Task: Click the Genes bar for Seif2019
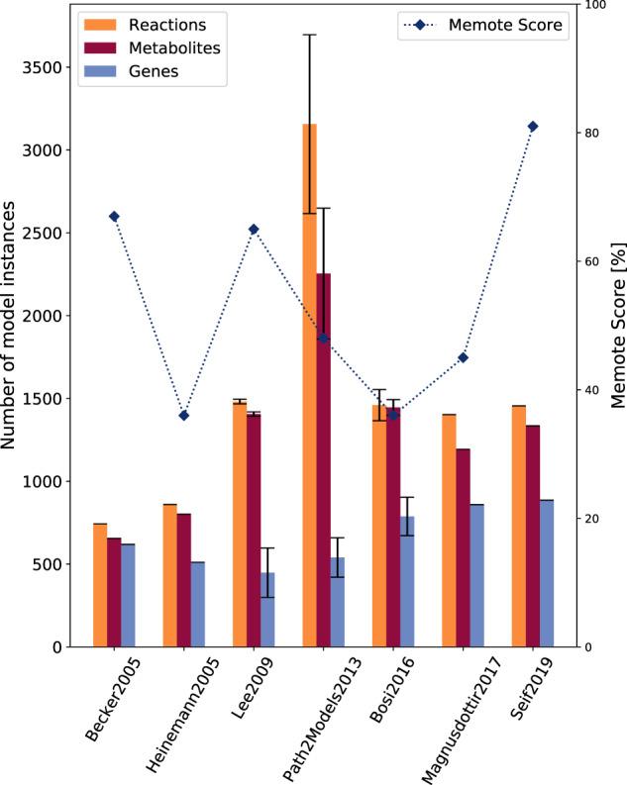click(x=547, y=573)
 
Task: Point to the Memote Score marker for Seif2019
click(x=533, y=127)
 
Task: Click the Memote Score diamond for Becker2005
click(x=114, y=217)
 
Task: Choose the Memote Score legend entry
click(x=485, y=25)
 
